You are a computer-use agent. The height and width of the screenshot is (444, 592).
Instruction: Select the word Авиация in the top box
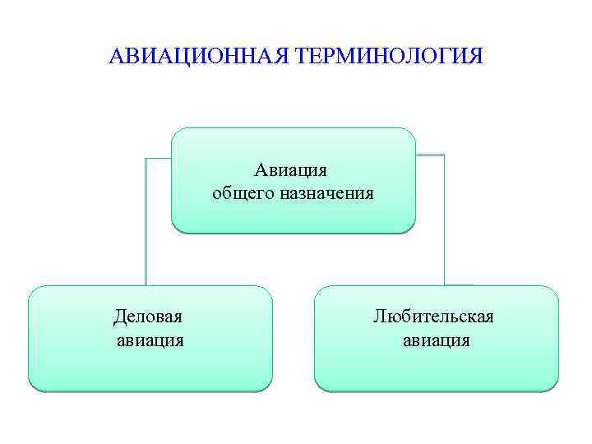(290, 170)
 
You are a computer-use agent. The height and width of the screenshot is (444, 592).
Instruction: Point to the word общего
(239, 195)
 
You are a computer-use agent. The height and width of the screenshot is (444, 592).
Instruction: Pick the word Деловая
(149, 316)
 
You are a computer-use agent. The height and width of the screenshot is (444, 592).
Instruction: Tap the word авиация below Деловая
(150, 340)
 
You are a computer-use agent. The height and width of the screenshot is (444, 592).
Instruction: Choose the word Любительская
(433, 316)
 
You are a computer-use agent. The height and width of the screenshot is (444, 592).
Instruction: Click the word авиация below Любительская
(436, 340)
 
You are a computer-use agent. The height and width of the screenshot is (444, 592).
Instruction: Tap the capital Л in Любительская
(379, 317)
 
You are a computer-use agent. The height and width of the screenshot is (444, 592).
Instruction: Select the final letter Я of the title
(476, 58)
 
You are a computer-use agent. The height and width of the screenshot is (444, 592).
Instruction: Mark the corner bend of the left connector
(146, 157)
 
